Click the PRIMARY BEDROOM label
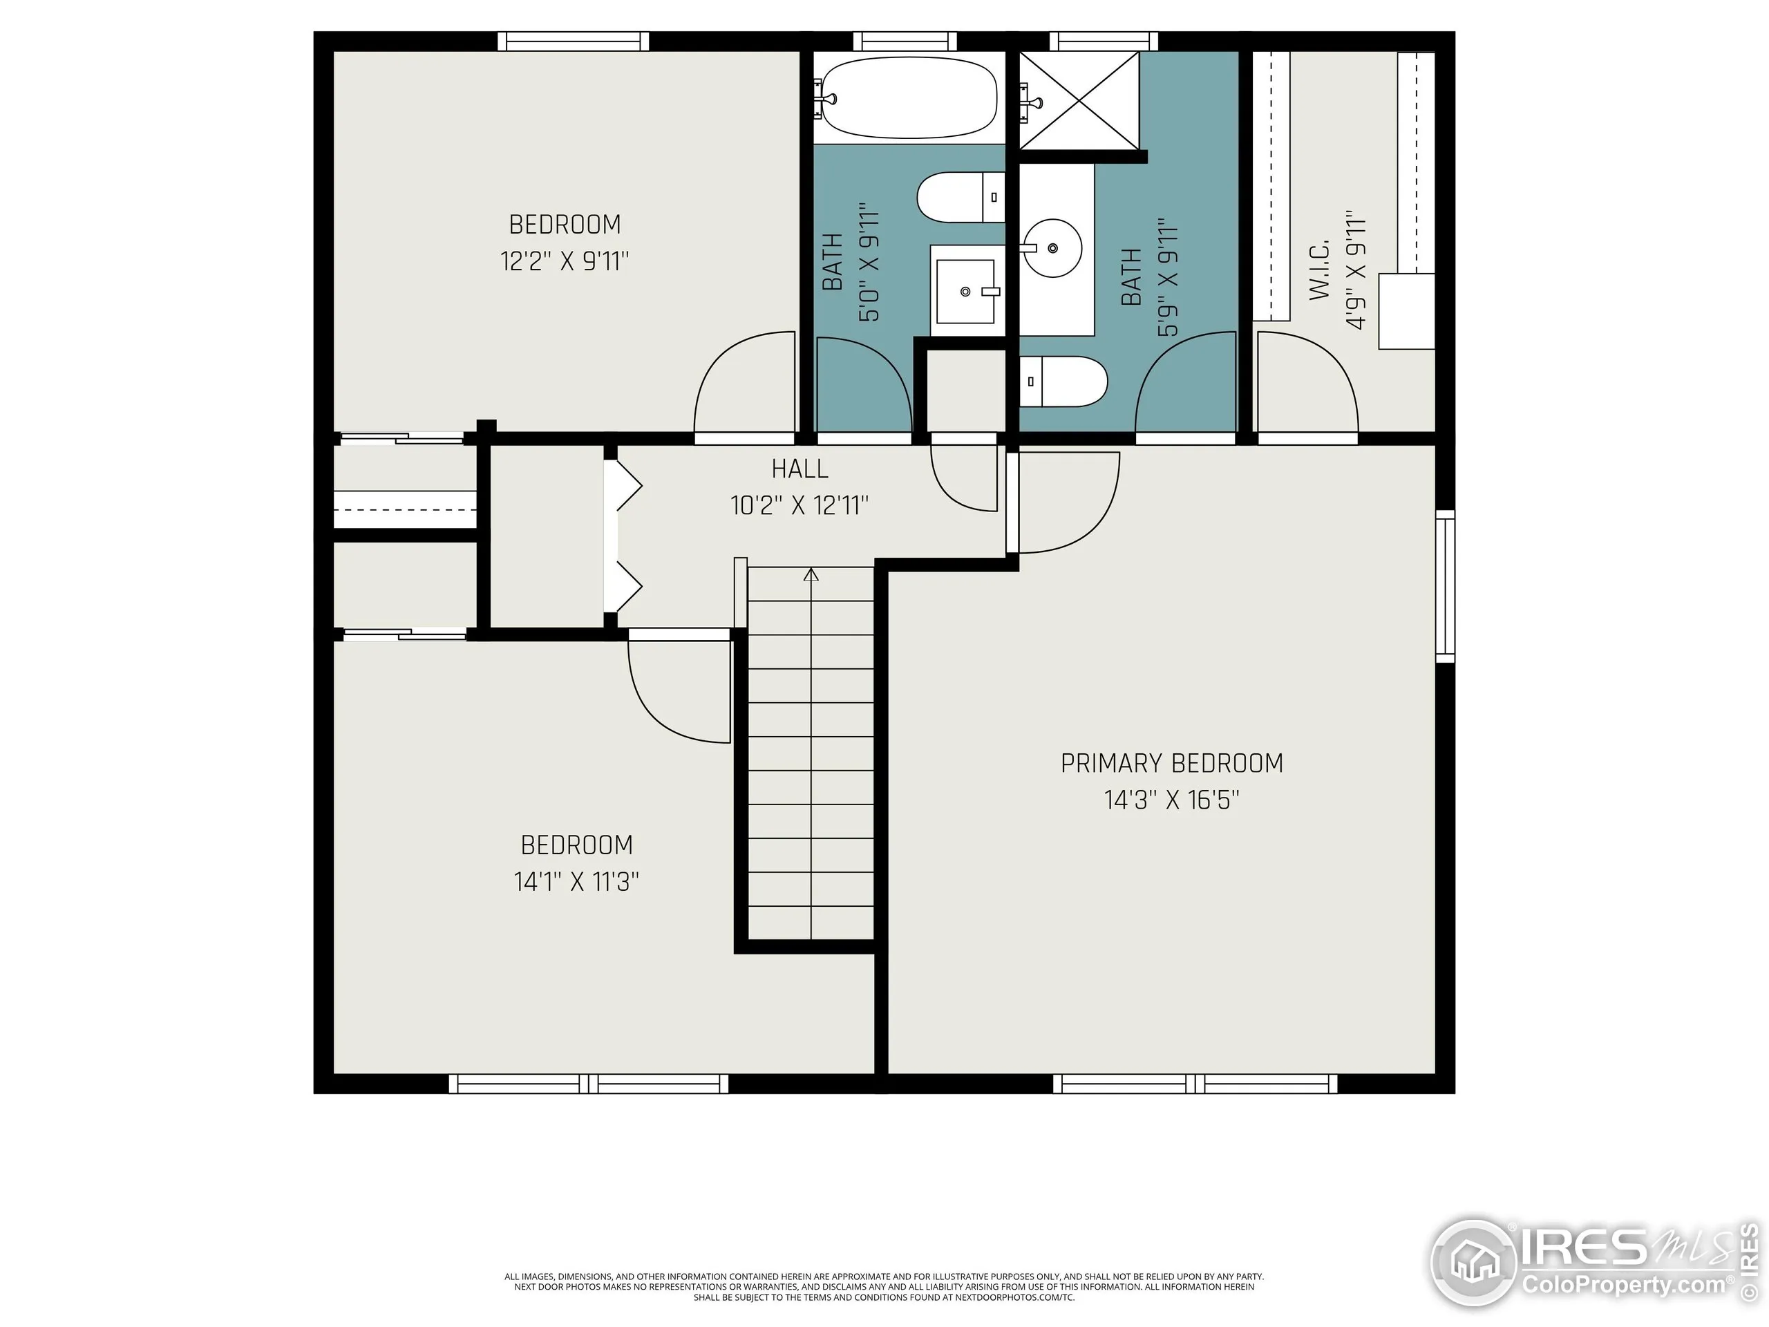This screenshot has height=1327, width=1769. [x=1171, y=763]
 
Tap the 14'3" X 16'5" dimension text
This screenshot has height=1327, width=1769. [x=1171, y=800]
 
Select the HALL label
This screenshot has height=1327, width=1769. [x=800, y=469]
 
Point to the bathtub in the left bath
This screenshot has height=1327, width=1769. [x=909, y=98]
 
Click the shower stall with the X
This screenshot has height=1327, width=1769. [x=1079, y=100]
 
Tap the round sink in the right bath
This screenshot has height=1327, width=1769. [x=1052, y=248]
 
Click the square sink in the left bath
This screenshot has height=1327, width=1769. [x=966, y=291]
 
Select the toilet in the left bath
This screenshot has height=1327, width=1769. [x=960, y=198]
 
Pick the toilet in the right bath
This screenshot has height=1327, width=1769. [x=1063, y=382]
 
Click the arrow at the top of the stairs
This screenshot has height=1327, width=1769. [x=811, y=574]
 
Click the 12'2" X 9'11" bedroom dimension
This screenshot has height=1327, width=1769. [x=565, y=261]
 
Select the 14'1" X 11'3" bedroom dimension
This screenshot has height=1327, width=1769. [x=576, y=881]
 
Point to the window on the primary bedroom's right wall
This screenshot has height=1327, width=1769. [x=1445, y=585]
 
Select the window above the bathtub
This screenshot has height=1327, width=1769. [x=905, y=41]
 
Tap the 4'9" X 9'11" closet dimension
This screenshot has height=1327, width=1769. [x=1356, y=270]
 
